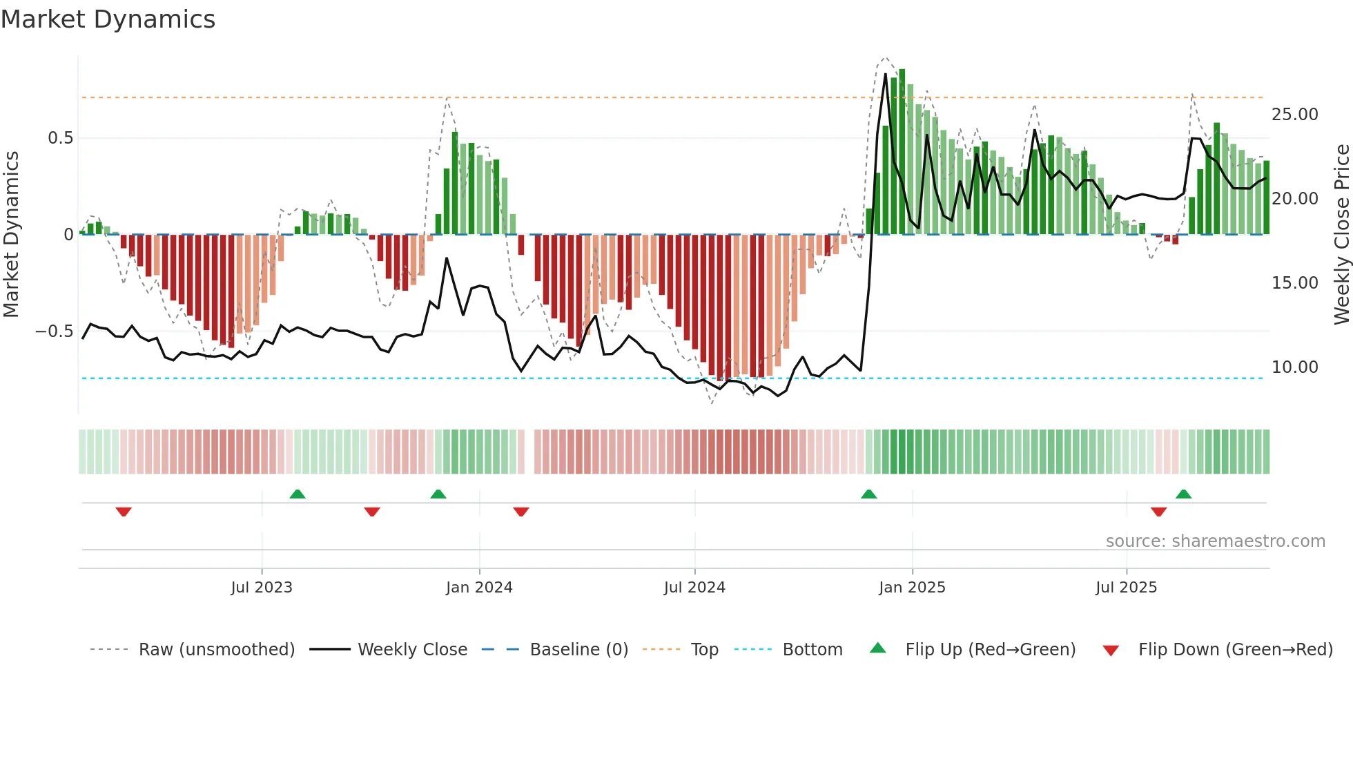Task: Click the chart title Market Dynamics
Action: [x=108, y=19]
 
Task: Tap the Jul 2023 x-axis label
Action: [x=262, y=588]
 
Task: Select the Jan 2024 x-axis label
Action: [x=479, y=588]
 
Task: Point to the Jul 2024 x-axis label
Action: [x=694, y=588]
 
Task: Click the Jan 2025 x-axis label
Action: [x=912, y=588]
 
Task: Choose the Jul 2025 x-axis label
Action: [x=1126, y=588]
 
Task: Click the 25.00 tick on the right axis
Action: [x=1294, y=115]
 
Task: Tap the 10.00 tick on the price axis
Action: [x=1294, y=367]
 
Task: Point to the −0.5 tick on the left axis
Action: [x=54, y=331]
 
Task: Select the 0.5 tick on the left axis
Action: [x=60, y=138]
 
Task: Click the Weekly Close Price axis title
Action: [x=1341, y=235]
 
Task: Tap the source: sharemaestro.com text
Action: [x=1215, y=541]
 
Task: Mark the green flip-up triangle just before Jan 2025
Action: [x=868, y=494]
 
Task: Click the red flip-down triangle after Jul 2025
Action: [x=1158, y=512]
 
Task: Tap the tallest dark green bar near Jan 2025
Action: [x=902, y=152]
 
